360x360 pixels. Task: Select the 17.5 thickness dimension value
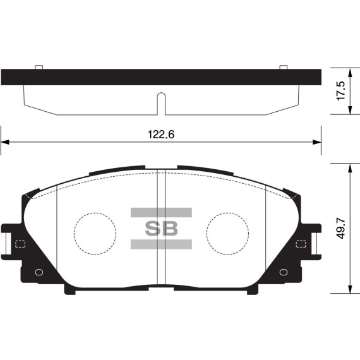(341, 90)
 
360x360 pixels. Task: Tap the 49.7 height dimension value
(341, 229)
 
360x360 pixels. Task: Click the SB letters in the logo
(162, 227)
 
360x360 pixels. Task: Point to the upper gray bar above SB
(161, 212)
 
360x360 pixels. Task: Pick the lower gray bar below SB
(161, 244)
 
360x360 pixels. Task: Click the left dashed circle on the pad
(95, 231)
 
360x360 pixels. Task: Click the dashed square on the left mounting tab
(19, 244)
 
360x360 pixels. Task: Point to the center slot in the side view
(161, 102)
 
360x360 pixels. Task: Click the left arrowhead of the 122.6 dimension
(4, 143)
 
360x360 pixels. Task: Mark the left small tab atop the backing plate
(38, 66)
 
